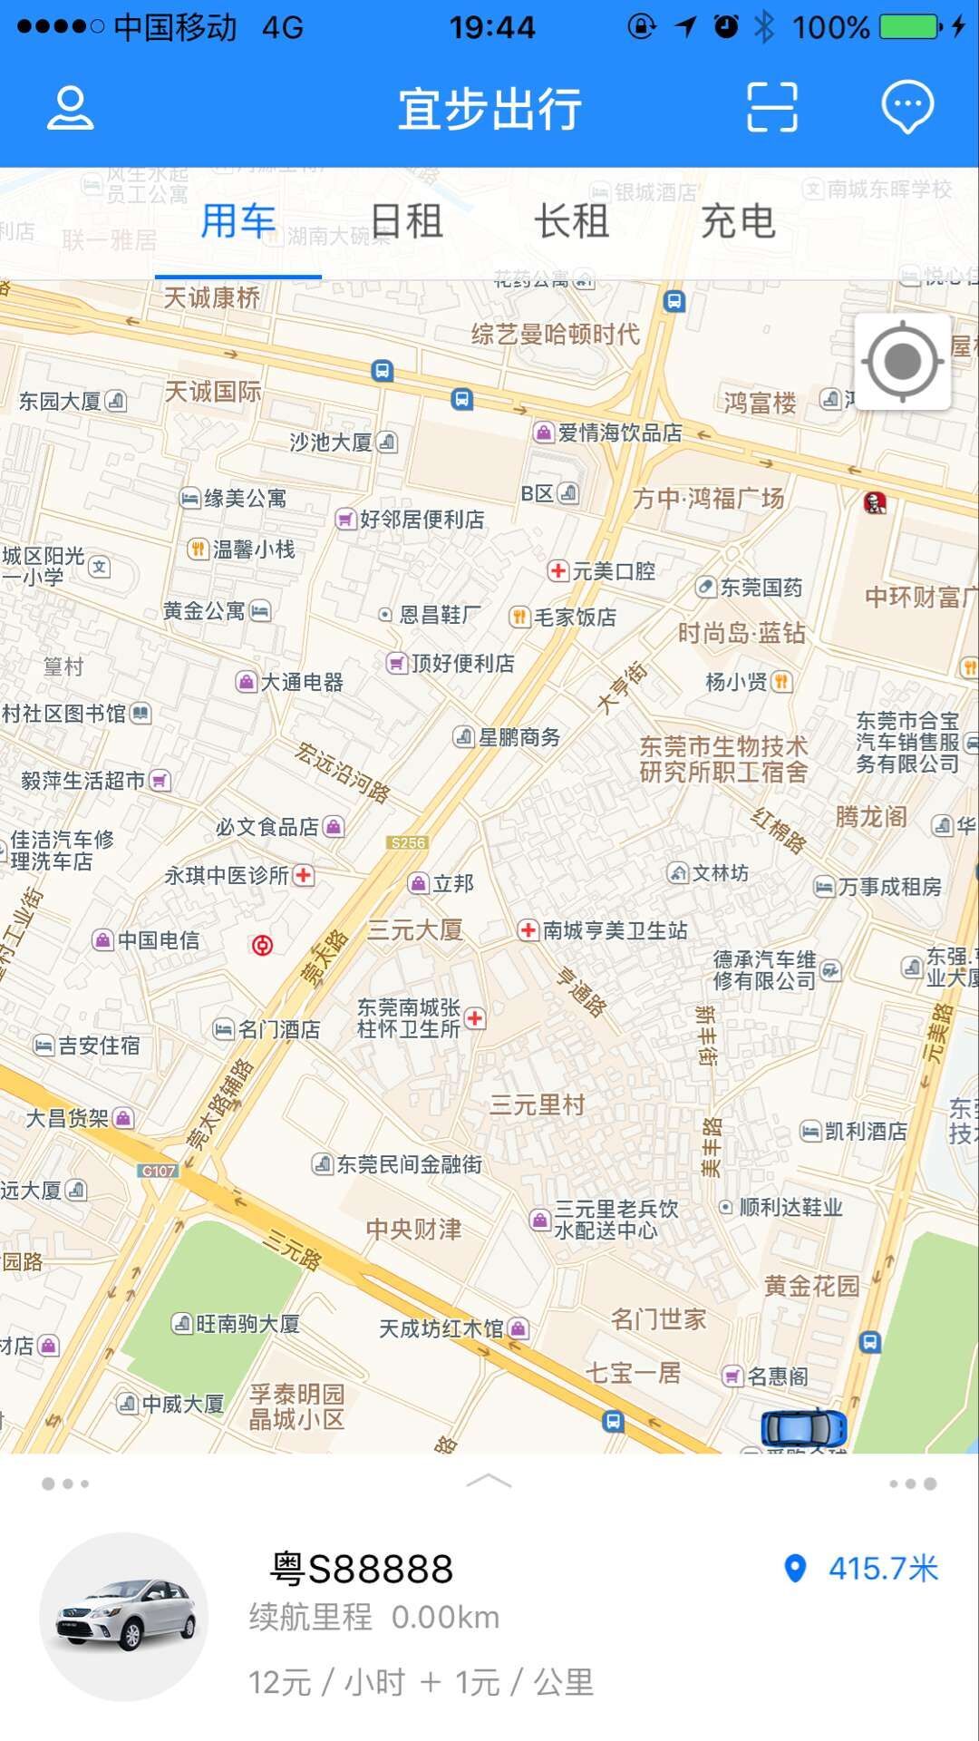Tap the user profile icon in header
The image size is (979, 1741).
[x=70, y=108]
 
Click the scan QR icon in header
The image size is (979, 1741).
[x=771, y=107]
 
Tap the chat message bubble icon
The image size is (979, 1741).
[x=907, y=107]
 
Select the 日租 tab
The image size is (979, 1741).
[x=406, y=221]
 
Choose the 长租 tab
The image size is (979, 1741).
[x=571, y=221]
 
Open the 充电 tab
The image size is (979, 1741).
[x=738, y=221]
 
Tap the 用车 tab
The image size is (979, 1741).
[x=237, y=221]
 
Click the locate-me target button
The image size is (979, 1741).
[x=903, y=362]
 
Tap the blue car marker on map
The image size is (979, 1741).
[x=803, y=1428]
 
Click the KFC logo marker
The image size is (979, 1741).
[x=875, y=501]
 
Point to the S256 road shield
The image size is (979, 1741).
[x=407, y=842]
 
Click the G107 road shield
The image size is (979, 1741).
[x=159, y=1171]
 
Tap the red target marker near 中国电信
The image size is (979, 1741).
[x=262, y=946]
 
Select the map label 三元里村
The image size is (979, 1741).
[x=538, y=1104]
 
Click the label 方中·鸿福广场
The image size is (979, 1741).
[x=708, y=498]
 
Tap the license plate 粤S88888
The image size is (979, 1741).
[x=363, y=1569]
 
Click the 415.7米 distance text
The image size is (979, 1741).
[x=883, y=1569]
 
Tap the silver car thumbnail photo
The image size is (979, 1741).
[x=125, y=1617]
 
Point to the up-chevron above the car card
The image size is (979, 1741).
[x=489, y=1482]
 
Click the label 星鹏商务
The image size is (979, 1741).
[x=519, y=737]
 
